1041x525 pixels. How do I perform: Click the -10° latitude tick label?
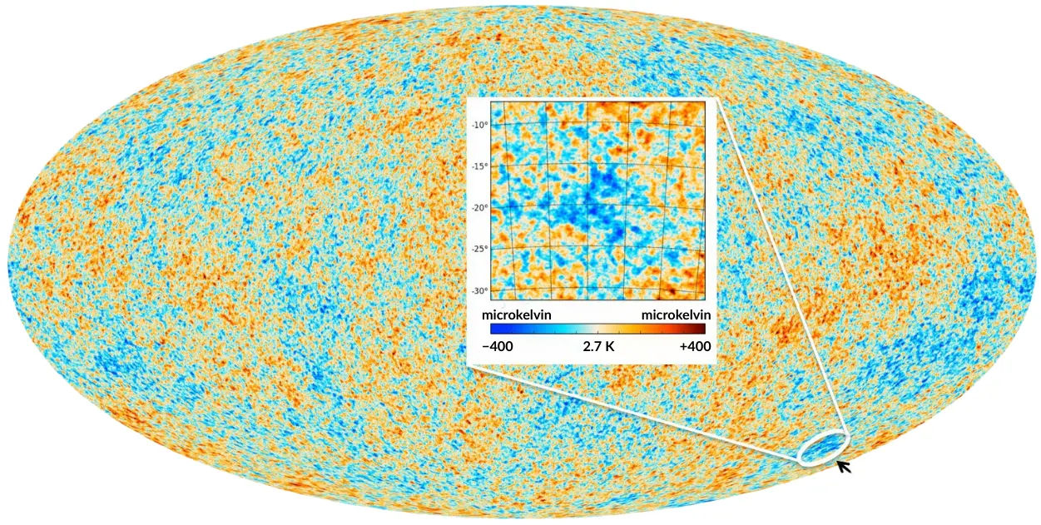[478, 125]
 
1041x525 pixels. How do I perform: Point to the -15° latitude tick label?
[478, 166]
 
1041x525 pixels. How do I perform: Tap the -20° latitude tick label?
[478, 208]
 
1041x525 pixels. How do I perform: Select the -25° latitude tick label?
[478, 249]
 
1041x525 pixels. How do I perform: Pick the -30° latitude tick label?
[478, 290]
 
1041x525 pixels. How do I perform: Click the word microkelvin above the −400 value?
[516, 315]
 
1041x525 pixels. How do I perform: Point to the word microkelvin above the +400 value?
[676, 315]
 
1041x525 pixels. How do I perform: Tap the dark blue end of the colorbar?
[487, 329]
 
